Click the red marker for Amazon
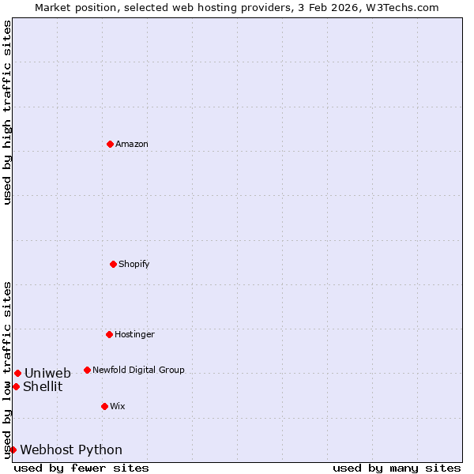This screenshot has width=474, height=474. pyautogui.click(x=110, y=144)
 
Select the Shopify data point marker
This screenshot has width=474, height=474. pyautogui.click(x=113, y=264)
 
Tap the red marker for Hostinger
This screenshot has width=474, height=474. pyautogui.click(x=109, y=334)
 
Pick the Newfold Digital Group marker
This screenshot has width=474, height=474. pyautogui.click(x=87, y=370)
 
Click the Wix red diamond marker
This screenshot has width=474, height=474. pyautogui.click(x=104, y=406)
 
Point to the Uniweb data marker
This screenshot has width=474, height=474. pyautogui.click(x=17, y=373)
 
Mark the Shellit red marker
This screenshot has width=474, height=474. pyautogui.click(x=16, y=386)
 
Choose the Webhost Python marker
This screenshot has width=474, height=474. pyautogui.click(x=13, y=450)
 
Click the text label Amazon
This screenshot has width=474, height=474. pyautogui.click(x=132, y=145)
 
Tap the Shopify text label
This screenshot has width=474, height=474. pyautogui.click(x=134, y=264)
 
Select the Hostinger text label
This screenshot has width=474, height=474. pyautogui.click(x=134, y=335)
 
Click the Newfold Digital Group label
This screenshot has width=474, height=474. pyautogui.click(x=138, y=370)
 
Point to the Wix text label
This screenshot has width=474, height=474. pyautogui.click(x=118, y=407)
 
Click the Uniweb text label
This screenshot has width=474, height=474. pyautogui.click(x=47, y=374)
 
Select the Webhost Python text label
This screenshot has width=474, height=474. pyautogui.click(x=71, y=450)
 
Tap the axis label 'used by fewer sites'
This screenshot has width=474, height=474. pyautogui.click(x=81, y=468)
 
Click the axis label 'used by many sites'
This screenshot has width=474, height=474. pyautogui.click(x=397, y=468)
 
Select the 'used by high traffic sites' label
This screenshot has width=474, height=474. pyautogui.click(x=7, y=112)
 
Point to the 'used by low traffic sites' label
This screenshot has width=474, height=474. pyautogui.click(x=7, y=370)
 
